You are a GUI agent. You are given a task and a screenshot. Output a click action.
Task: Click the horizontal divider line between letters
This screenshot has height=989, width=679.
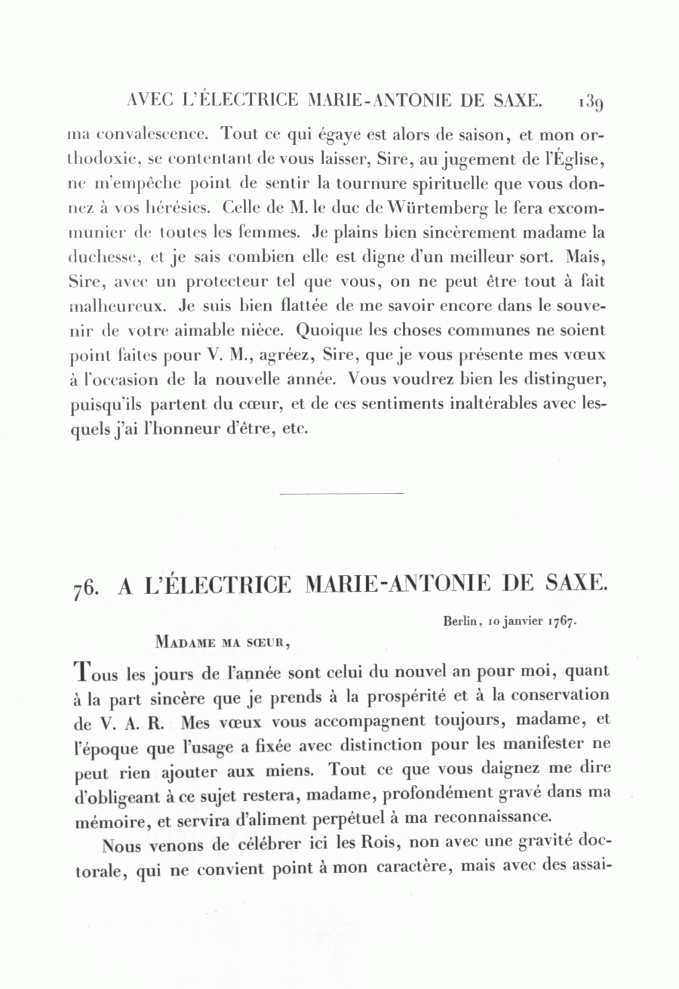341,494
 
